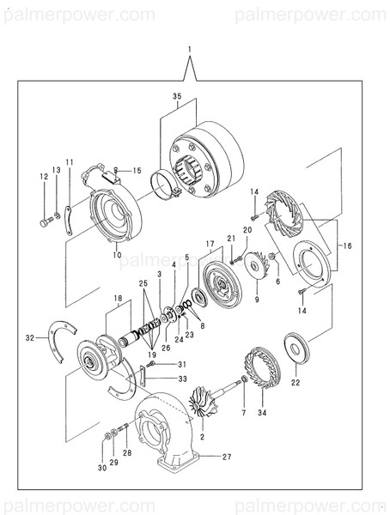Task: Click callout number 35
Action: [177, 96]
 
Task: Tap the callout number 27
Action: [227, 457]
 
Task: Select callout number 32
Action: [30, 337]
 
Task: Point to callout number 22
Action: [296, 382]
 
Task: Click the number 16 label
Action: [347, 245]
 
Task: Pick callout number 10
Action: [117, 255]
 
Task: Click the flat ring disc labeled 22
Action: [296, 348]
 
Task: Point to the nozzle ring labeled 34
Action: [262, 367]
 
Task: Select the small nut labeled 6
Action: [272, 256]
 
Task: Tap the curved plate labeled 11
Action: [69, 221]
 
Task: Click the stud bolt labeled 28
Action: [123, 428]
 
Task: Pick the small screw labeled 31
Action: [151, 364]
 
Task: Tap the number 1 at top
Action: [190, 50]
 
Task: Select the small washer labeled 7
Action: [244, 379]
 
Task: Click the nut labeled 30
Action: [107, 436]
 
